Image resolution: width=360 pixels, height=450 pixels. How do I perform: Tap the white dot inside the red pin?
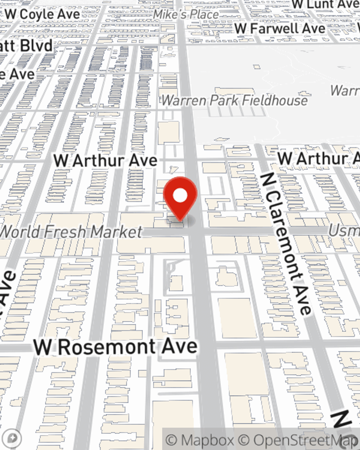(x=180, y=196)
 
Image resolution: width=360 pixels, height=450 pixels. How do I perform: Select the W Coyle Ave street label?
(x=42, y=14)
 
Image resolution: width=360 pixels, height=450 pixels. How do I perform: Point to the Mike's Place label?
(x=186, y=14)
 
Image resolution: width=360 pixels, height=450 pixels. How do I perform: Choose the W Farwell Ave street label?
(x=280, y=28)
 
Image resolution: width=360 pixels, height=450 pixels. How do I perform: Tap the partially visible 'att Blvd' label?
(x=26, y=46)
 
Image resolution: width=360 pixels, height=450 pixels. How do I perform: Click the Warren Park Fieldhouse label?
(x=234, y=100)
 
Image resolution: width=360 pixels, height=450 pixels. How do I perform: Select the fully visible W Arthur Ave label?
(x=105, y=161)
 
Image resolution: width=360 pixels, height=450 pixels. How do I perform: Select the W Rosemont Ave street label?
(x=116, y=347)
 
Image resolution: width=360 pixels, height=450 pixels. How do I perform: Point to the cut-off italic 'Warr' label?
(x=345, y=91)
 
